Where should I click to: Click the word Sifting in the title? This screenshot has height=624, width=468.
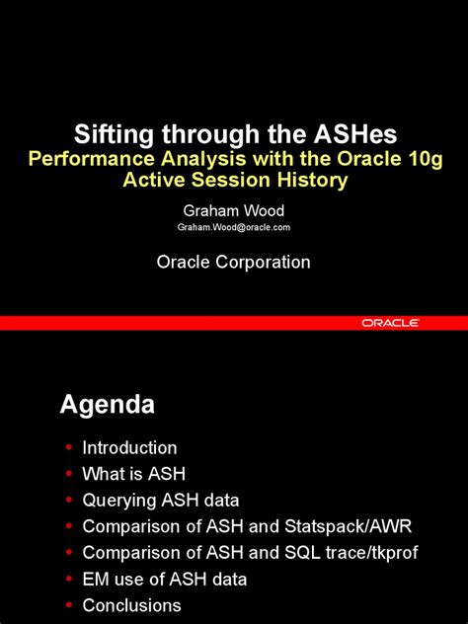(x=112, y=135)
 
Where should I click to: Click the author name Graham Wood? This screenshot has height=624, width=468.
(x=234, y=210)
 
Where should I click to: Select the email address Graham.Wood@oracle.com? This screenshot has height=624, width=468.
(x=234, y=227)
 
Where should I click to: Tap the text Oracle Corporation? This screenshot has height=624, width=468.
(x=234, y=262)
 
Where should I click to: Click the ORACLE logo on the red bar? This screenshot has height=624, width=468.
(x=390, y=323)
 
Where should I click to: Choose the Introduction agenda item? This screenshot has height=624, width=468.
(x=129, y=447)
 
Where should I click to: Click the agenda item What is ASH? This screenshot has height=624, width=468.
(x=133, y=474)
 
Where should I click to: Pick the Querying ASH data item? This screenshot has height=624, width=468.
(x=161, y=500)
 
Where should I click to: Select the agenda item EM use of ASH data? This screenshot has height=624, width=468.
(x=165, y=579)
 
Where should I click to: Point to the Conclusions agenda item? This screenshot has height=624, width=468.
(x=131, y=605)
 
